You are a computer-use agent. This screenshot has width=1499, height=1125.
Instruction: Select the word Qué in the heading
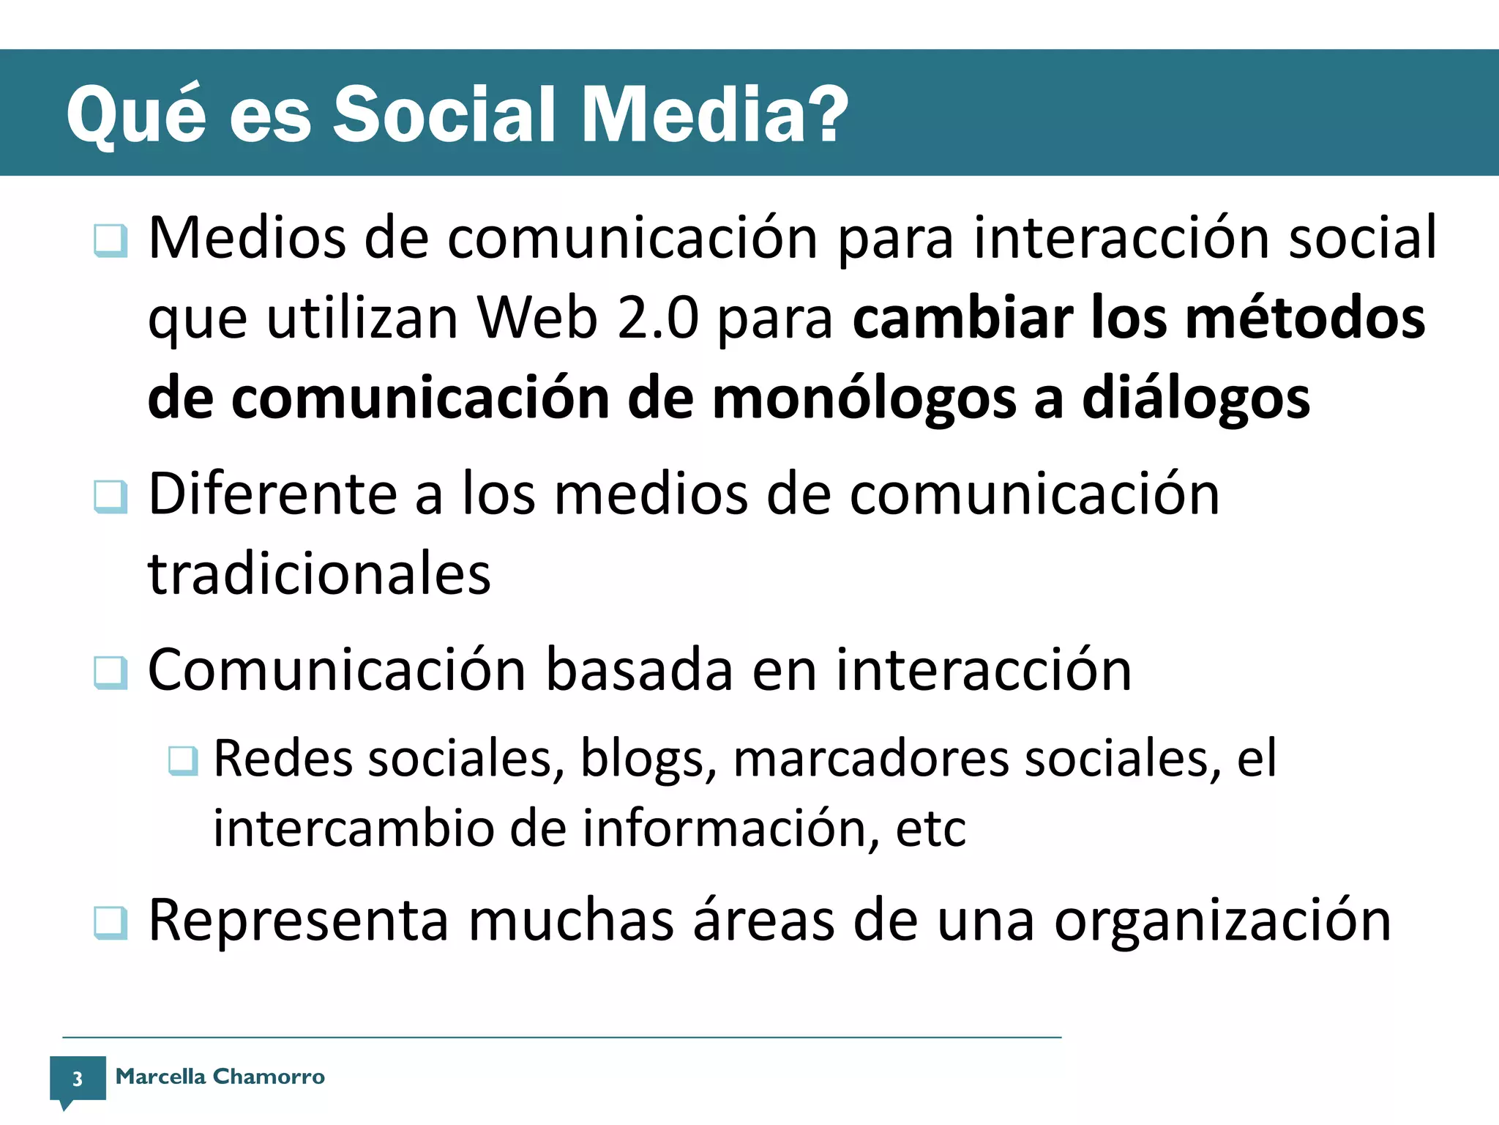point(136,116)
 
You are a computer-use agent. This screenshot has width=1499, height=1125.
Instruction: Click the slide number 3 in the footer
point(77,1078)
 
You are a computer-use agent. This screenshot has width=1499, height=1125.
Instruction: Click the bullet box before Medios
point(111,240)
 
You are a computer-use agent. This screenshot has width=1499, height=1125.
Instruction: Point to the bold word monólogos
point(864,399)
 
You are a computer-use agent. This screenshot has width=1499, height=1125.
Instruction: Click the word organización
point(1222,921)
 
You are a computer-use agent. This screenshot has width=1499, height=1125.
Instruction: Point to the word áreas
point(763,920)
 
